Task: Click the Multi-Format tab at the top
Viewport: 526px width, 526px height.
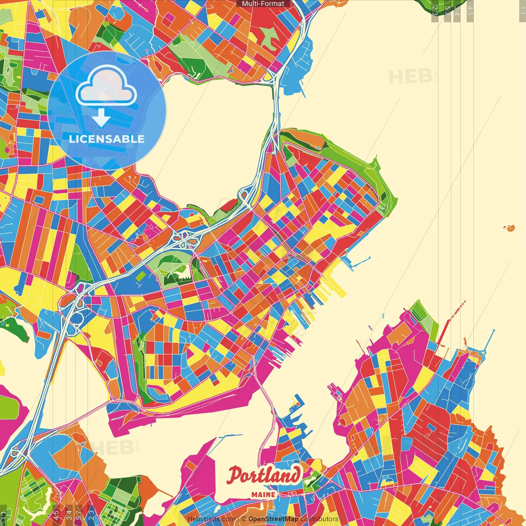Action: click(263, 4)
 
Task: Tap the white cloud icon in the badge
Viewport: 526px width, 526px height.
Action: click(106, 86)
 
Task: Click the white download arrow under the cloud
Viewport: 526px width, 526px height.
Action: click(101, 118)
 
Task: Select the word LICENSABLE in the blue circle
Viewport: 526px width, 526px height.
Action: click(107, 139)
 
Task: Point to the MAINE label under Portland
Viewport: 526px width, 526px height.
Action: click(263, 494)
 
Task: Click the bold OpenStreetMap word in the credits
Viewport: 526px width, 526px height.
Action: click(273, 519)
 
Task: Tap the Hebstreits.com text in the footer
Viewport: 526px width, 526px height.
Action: click(211, 519)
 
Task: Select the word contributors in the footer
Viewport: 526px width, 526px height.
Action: click(319, 519)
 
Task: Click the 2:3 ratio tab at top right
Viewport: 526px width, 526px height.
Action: click(435, 11)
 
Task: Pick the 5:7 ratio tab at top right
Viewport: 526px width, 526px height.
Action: click(447, 11)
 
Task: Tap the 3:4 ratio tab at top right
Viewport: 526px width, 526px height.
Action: click(457, 11)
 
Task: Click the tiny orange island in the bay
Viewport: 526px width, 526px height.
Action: click(510, 228)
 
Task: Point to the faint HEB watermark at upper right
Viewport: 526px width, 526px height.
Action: click(411, 77)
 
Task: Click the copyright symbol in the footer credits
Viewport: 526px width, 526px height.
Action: click(244, 519)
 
